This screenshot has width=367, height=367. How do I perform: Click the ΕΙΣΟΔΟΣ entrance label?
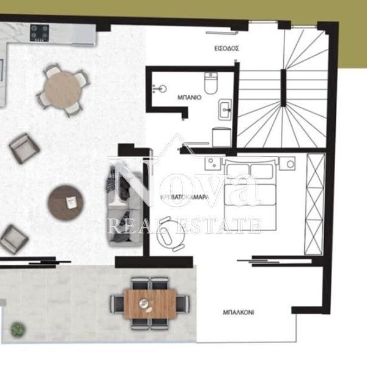(226, 48)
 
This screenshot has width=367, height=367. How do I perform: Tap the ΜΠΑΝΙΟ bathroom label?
(190, 97)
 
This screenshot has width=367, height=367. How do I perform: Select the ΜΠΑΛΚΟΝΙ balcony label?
(239, 312)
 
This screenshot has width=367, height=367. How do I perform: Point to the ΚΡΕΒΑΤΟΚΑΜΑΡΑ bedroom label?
(185, 197)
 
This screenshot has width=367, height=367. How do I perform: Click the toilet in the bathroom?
(210, 83)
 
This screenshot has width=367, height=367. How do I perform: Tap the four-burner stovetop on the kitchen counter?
(39, 33)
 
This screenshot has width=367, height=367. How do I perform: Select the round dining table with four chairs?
(63, 90)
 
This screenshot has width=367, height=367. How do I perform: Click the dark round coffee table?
(66, 202)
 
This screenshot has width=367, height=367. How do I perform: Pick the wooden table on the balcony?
(150, 303)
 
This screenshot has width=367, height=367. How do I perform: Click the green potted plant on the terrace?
(18, 328)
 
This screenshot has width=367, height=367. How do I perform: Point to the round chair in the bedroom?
(169, 234)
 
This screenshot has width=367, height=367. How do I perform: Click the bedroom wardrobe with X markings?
(315, 204)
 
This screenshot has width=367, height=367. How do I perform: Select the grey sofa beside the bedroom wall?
(125, 206)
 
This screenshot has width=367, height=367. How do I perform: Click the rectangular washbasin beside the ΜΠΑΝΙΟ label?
(225, 109)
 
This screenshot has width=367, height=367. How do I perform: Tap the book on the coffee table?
(70, 202)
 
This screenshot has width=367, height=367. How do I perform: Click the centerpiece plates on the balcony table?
(146, 305)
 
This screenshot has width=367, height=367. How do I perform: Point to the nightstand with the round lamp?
(287, 163)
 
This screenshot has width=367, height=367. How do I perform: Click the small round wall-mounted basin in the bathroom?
(160, 89)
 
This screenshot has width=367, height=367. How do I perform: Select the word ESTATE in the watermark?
(219, 226)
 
